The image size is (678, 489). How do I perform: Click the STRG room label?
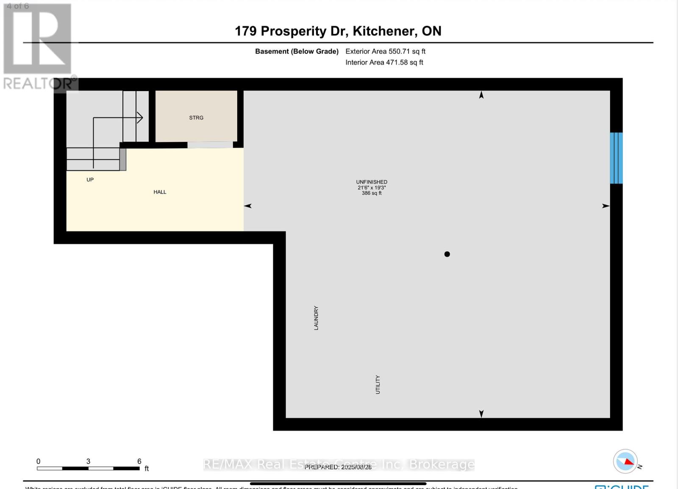tap(196, 118)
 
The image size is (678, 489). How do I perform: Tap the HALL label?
tap(160, 192)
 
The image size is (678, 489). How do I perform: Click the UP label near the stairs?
tap(90, 180)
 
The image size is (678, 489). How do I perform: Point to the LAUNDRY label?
tap(316, 318)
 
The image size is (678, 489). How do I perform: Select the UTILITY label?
tap(378, 385)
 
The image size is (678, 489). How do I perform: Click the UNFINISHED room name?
tap(372, 182)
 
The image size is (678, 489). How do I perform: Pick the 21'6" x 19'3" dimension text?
tap(372, 187)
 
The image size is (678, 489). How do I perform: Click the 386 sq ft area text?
tap(372, 193)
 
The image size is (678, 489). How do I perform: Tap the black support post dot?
tap(447, 254)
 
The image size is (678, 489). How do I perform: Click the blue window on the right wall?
tap(616, 158)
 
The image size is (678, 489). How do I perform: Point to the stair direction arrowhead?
tap(140, 117)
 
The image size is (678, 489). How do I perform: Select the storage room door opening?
tap(210, 145)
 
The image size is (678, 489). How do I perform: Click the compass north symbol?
tap(625, 461)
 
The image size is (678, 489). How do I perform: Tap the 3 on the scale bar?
tap(88, 461)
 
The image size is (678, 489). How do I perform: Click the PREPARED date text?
tap(338, 467)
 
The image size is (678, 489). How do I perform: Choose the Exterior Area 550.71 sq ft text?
tap(385, 51)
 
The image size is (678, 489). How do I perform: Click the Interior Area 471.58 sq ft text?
tap(384, 62)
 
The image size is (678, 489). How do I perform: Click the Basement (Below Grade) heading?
tap(297, 51)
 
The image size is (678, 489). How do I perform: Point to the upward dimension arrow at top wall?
tap(481, 95)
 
